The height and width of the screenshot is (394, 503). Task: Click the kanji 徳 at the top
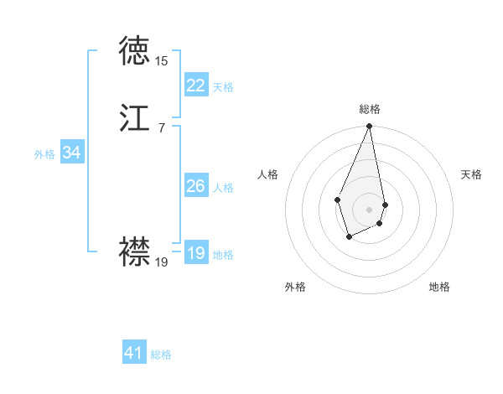tap(135, 52)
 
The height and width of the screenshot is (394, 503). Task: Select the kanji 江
tap(135, 117)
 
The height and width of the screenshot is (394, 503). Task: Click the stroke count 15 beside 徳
tap(161, 61)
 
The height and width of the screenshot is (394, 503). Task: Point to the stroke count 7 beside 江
tap(161, 127)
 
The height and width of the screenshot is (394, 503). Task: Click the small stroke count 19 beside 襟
tap(161, 262)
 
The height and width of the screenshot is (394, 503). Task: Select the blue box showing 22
tap(196, 86)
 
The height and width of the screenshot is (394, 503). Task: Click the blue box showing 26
tap(196, 186)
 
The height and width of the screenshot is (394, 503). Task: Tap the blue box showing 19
tap(196, 254)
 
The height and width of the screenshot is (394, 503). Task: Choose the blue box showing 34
tap(71, 153)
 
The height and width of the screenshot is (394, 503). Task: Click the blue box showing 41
tap(134, 353)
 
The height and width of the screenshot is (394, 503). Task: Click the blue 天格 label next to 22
tap(223, 87)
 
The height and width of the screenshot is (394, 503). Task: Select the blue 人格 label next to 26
tap(223, 188)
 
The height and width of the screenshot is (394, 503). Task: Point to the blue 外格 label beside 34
tap(44, 154)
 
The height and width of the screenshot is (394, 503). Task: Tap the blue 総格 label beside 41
tap(161, 355)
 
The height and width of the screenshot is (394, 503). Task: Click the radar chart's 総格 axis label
tap(369, 109)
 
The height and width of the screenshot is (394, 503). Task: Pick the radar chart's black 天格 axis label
tap(472, 174)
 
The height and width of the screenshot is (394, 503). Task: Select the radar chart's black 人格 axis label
tap(268, 174)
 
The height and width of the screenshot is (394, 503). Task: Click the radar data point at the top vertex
tap(369, 127)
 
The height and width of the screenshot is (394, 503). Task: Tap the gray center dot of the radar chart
tap(369, 209)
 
